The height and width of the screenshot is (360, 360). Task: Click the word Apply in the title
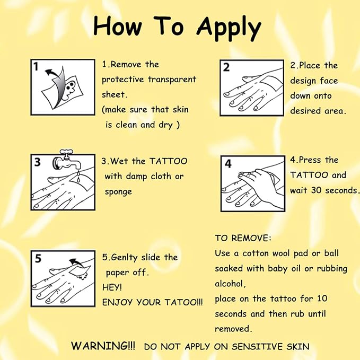pyautogui.click(x=229, y=29)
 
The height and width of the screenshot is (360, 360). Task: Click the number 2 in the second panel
pyautogui.click(x=226, y=67)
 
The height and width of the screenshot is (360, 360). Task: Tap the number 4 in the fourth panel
pyautogui.click(x=228, y=164)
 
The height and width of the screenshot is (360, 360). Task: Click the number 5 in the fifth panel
pyautogui.click(x=38, y=258)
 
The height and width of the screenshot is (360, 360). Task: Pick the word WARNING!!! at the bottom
pyautogui.click(x=103, y=346)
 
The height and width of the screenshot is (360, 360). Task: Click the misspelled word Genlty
pyautogui.click(x=124, y=258)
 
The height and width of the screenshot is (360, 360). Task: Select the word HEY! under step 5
pyautogui.click(x=112, y=287)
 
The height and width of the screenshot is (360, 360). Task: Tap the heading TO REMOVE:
pyautogui.click(x=243, y=238)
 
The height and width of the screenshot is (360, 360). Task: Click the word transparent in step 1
pyautogui.click(x=172, y=80)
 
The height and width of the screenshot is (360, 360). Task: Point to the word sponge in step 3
pyautogui.click(x=118, y=192)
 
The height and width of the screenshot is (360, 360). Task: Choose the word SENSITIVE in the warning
pyautogui.click(x=257, y=346)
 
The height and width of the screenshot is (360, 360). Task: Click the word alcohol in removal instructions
pyautogui.click(x=230, y=284)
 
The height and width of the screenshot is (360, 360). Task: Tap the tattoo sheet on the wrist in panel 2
pyautogui.click(x=271, y=83)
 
